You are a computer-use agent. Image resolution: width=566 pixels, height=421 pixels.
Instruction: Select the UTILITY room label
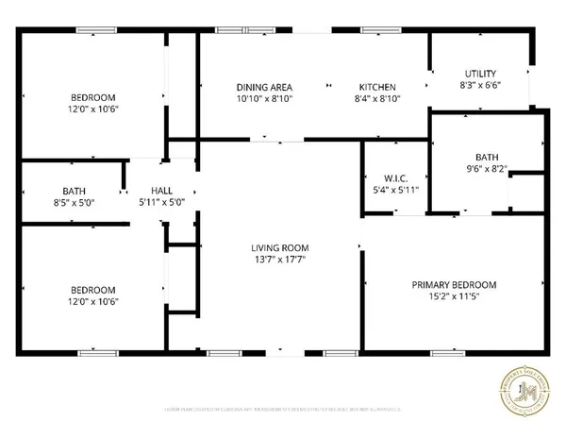pos(481,74)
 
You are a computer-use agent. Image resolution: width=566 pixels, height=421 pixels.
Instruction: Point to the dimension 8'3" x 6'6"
pos(481,86)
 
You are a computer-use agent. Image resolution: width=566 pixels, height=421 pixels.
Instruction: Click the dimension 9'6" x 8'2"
pos(487,170)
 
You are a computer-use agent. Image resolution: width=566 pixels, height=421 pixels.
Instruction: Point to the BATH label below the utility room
pos(487,158)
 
